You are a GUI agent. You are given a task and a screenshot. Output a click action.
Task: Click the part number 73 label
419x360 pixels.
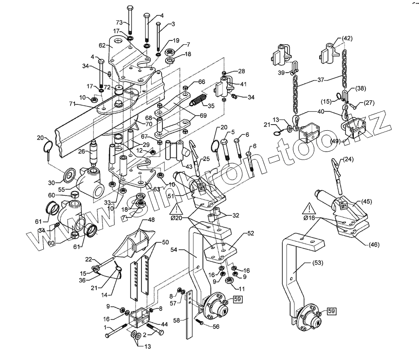click(x=119, y=23)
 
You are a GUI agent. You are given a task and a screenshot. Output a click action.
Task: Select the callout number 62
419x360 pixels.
click(x=102, y=46)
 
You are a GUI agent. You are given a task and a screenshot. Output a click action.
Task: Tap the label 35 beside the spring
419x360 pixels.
click(x=211, y=106)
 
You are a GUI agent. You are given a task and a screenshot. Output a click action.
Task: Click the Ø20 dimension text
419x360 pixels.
click(x=179, y=218)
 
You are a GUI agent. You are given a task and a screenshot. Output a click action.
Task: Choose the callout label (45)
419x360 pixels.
click(x=367, y=201)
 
